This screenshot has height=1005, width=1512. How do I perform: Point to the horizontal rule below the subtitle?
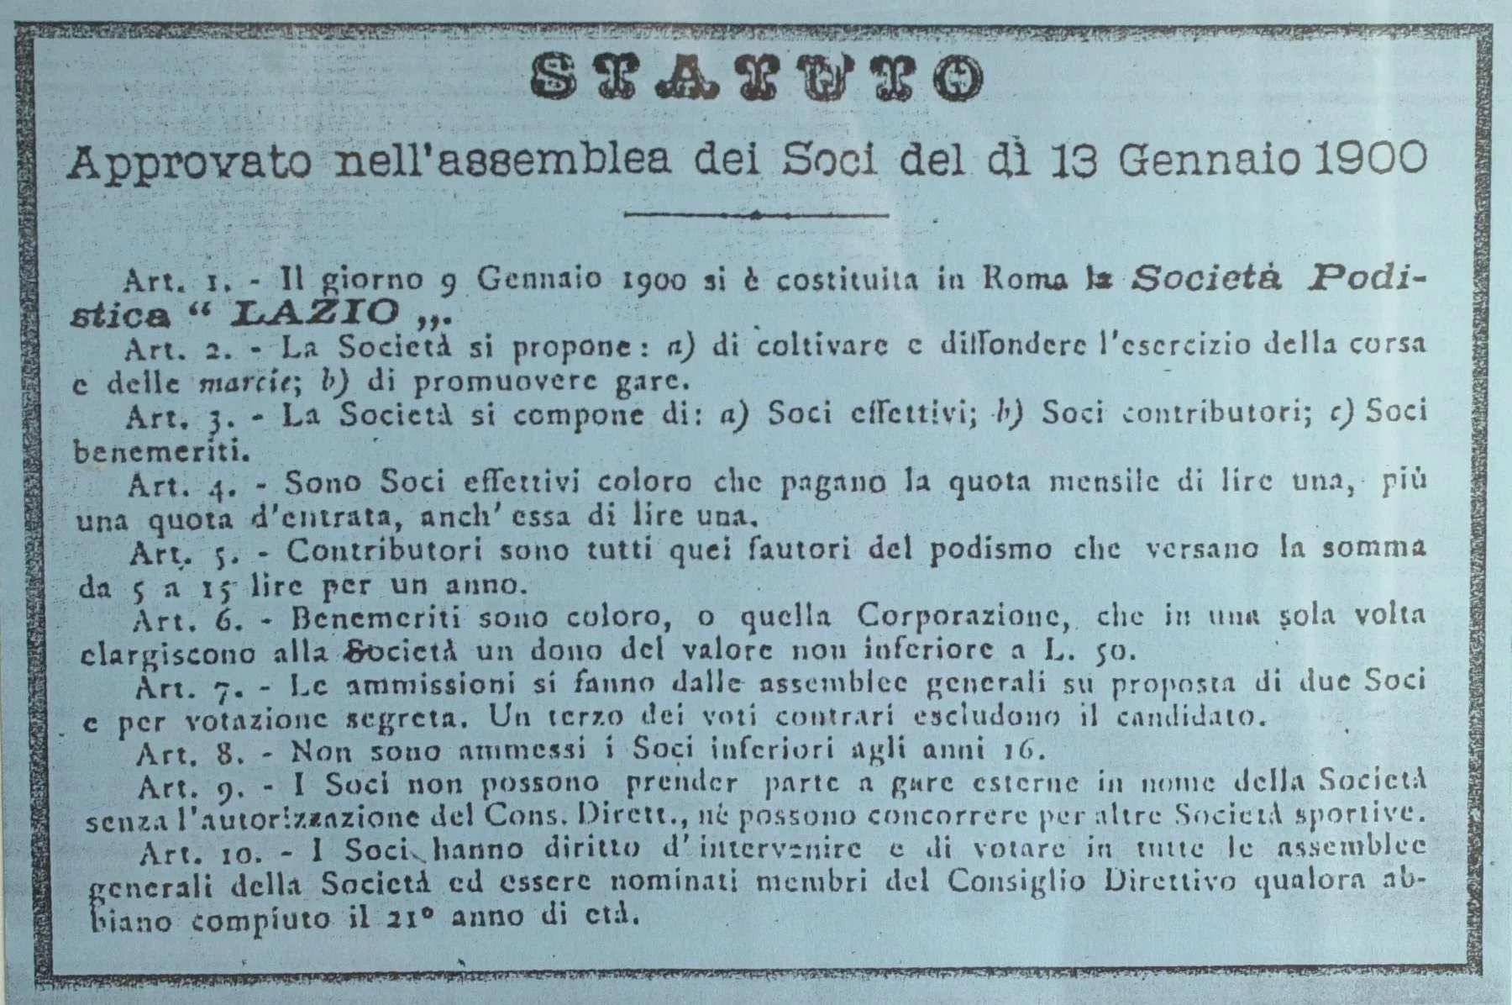pos(756,215)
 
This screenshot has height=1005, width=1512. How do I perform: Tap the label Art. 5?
pos(177,552)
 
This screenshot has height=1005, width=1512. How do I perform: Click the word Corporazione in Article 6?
pos(961,618)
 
